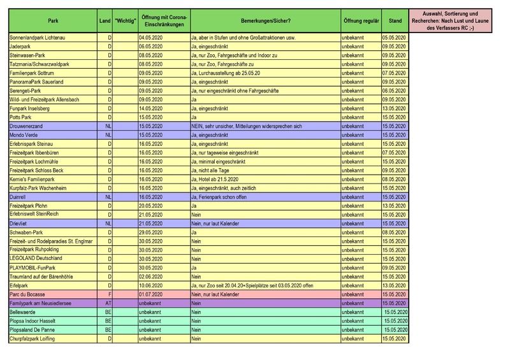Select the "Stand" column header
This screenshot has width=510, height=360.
[395, 20]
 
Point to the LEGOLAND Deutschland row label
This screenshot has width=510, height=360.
[36, 259]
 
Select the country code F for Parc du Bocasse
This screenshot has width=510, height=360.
[110, 294]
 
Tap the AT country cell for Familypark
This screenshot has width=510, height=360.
[108, 303]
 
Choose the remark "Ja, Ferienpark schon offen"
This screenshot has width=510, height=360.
[221, 198]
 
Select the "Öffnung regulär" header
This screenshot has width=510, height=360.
[360, 20]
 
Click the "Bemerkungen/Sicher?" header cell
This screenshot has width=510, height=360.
[265, 20]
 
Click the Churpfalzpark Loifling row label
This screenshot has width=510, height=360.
[32, 338]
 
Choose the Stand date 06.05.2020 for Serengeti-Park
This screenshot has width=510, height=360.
[394, 91]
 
